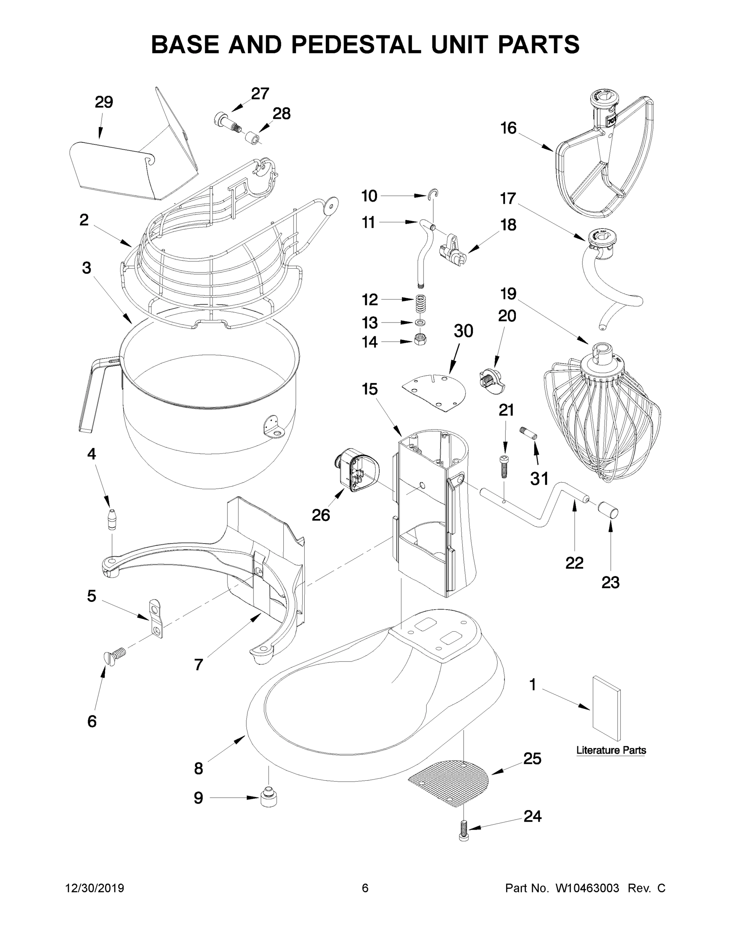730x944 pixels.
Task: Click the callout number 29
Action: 104,102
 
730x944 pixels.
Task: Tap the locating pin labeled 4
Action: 112,519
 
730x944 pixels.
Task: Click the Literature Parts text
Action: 611,750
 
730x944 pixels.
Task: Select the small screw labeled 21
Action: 504,466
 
